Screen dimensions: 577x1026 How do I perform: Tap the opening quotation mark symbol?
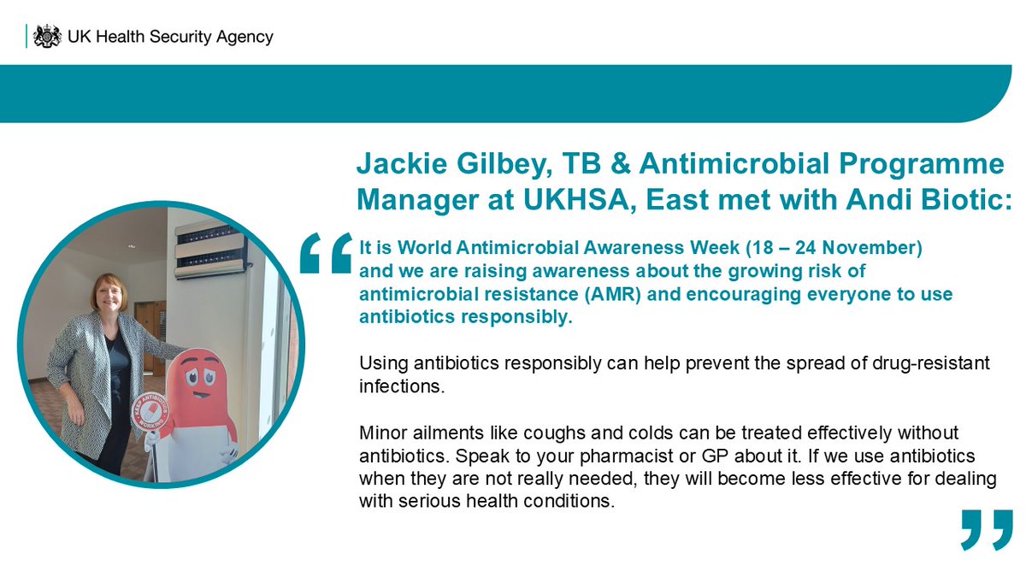(x=326, y=252)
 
